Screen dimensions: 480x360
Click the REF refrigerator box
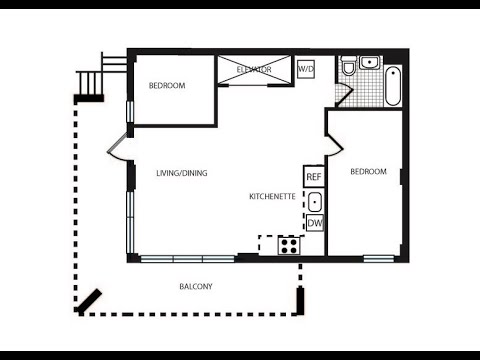(314, 176)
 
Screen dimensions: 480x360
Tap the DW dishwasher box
(315, 223)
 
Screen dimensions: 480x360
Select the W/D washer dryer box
(306, 69)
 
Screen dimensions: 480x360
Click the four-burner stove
(289, 246)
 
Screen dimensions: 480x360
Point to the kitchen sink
(314, 202)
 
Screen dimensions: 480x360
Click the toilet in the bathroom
(349, 66)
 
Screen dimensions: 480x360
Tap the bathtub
(393, 86)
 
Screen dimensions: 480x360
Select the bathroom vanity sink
(370, 62)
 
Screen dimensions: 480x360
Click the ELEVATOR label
(254, 70)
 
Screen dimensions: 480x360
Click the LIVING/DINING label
(182, 173)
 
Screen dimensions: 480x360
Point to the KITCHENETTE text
(272, 196)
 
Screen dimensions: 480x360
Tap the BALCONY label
(196, 286)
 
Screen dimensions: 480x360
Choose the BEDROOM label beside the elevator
(167, 86)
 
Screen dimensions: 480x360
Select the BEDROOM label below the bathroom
(368, 171)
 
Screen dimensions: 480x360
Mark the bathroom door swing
(344, 95)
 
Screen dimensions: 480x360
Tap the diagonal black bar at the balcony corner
(89, 302)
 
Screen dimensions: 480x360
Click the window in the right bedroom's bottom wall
(379, 258)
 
